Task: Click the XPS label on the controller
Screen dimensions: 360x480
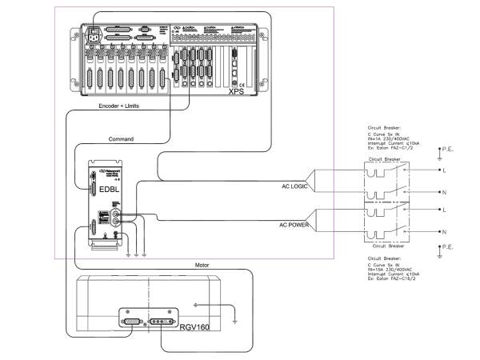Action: [235, 91]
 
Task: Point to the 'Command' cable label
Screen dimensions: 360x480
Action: [122, 138]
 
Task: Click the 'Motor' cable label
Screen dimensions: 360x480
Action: [202, 264]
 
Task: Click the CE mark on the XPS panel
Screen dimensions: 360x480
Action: [234, 83]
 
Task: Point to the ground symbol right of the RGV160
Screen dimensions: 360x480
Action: [234, 321]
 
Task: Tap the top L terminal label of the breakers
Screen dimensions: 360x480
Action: [442, 170]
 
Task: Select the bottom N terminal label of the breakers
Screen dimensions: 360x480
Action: [442, 232]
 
